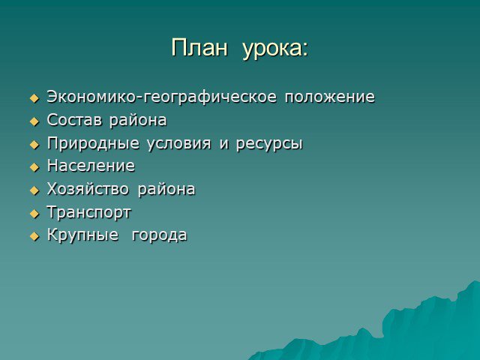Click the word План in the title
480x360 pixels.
(x=199, y=48)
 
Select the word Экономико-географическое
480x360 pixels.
(x=162, y=97)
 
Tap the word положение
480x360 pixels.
(x=330, y=97)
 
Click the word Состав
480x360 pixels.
(x=74, y=120)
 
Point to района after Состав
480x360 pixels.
(x=138, y=121)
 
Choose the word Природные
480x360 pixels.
(x=93, y=143)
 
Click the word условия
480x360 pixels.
(x=179, y=144)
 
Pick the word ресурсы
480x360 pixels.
(x=269, y=144)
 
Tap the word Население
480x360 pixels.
(x=91, y=166)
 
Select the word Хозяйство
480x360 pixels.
(x=88, y=189)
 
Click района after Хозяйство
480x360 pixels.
(x=166, y=190)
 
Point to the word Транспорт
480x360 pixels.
(x=88, y=213)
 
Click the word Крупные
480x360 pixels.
(x=82, y=235)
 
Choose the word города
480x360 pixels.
(x=159, y=236)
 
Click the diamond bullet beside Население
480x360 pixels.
(x=34, y=167)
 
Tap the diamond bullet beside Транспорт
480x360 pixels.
(x=34, y=214)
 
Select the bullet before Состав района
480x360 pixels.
(x=34, y=121)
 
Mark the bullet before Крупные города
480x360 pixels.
(x=34, y=237)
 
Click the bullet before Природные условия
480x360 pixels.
(x=34, y=145)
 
